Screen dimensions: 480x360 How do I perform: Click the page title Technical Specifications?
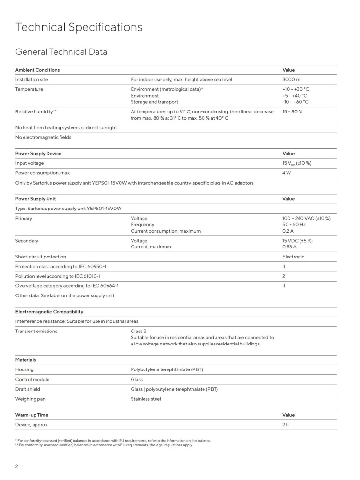pos(79,27)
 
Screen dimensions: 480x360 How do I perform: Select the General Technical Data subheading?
pos(61,52)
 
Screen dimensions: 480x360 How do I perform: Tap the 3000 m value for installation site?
pos(291,79)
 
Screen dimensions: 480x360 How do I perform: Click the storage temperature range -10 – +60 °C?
pos(295,102)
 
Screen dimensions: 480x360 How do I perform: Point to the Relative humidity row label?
pos(36,111)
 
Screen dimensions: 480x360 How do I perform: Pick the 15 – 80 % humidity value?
pos(292,111)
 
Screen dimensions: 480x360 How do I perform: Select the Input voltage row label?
pos(29,163)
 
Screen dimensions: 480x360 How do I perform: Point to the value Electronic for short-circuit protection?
pos(293,257)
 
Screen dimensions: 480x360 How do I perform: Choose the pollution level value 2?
pos(284,276)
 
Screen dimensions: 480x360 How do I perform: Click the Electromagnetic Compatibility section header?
pos(49,312)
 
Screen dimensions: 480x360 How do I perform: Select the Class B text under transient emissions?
pos(139,331)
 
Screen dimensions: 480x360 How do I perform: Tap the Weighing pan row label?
pos(30,399)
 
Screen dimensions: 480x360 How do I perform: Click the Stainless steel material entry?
pos(146,399)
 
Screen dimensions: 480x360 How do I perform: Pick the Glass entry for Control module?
pos(137,379)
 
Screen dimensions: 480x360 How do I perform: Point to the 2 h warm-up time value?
pos(286,424)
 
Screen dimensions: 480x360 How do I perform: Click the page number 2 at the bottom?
pos(17,466)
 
